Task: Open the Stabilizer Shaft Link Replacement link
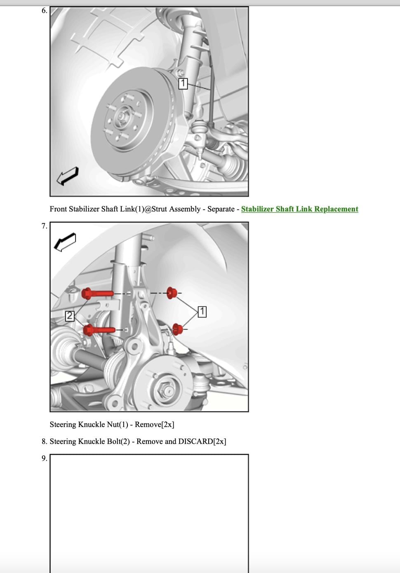point(299,209)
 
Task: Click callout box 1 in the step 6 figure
point(183,84)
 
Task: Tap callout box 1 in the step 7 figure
point(202,312)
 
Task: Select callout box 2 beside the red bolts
point(70,316)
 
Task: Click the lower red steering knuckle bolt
point(99,330)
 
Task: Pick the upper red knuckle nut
point(172,293)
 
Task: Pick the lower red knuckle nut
point(178,329)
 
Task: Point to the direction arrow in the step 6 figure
point(67,176)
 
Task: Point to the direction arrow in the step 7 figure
point(65,242)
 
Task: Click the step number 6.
point(44,11)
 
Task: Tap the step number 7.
point(44,226)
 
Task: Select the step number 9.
point(44,458)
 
